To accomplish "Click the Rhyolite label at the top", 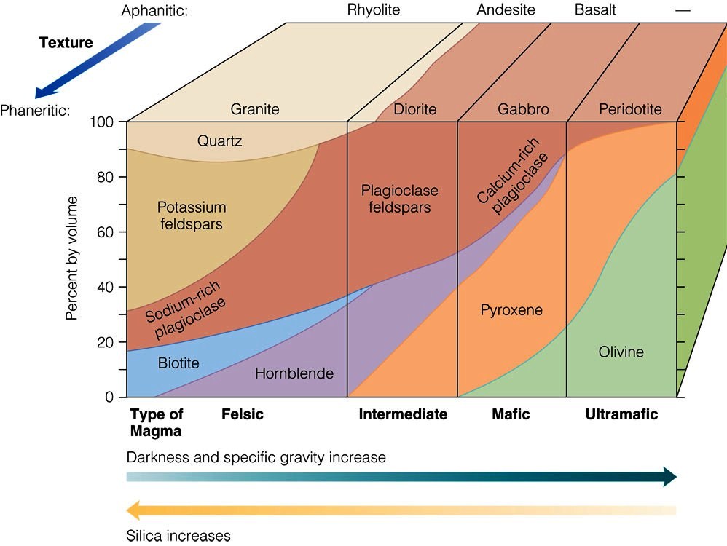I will [374, 9].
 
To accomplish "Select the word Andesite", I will [506, 9].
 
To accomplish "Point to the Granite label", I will [255, 109].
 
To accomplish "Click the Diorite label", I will [414, 109].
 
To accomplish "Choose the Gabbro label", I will [523, 109].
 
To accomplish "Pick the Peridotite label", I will [630, 109].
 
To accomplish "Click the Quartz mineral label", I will [219, 141].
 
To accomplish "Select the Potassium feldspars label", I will [192, 215].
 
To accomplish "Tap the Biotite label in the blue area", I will [178, 363].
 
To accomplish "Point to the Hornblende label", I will [294, 373].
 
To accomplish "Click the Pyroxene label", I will [511, 310].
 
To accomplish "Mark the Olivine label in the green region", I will [621, 352].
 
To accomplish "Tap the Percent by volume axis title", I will [71, 258].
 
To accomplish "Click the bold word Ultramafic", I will [621, 414].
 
